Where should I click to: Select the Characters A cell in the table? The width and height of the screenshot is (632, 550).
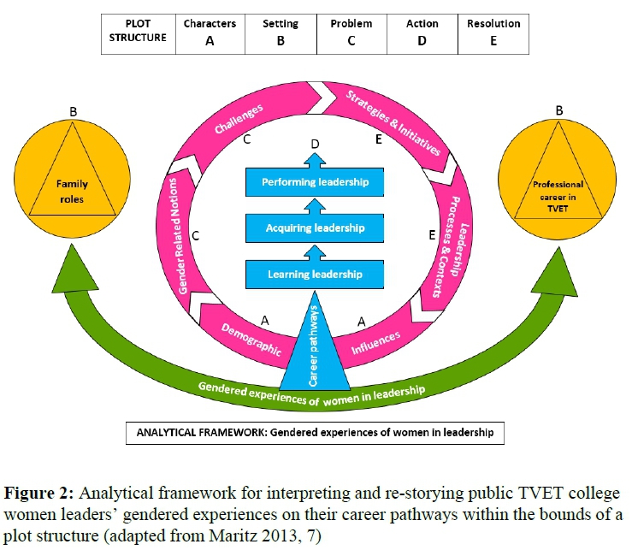point(209,32)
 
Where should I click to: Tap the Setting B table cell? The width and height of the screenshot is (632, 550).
point(280,32)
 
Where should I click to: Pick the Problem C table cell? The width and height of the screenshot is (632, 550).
point(351,32)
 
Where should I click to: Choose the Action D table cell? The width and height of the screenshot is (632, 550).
point(421,32)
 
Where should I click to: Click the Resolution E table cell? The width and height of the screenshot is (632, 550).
point(493,32)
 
